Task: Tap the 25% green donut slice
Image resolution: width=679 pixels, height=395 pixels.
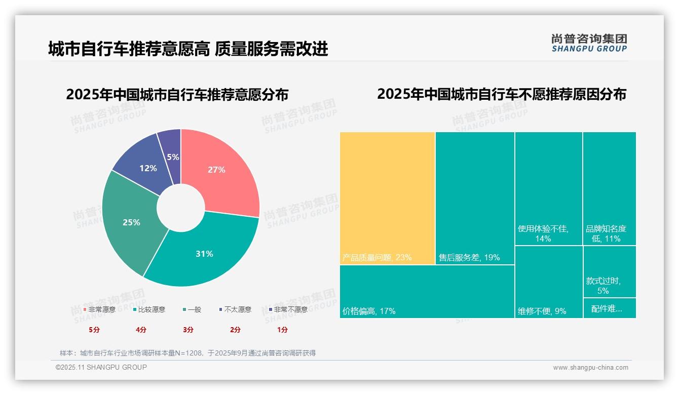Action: (132, 222)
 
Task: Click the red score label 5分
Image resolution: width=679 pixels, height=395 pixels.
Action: (94, 330)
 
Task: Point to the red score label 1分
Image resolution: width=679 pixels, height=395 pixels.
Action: (282, 330)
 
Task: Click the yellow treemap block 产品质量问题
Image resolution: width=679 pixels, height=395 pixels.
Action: (387, 197)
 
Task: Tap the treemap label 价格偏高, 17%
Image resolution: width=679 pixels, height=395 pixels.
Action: (369, 311)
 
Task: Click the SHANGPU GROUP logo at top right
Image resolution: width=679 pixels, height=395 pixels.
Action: (589, 43)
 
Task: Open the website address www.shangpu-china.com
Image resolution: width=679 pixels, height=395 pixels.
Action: (590, 368)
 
